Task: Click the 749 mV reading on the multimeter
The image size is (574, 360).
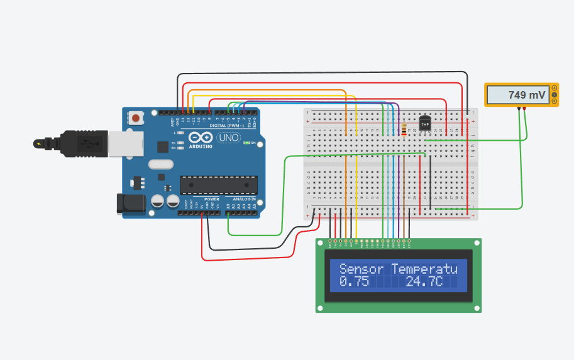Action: [x=527, y=95]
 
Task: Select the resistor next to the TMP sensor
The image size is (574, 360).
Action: [x=403, y=130]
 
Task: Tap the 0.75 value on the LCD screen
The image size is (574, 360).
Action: [x=354, y=282]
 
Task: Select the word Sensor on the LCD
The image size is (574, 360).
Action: [x=361, y=269]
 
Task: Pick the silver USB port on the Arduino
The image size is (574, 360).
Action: [x=124, y=143]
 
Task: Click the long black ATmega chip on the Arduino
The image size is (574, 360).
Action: [x=218, y=185]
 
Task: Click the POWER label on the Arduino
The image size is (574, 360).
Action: [x=211, y=199]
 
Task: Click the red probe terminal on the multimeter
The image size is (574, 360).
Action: [x=524, y=107]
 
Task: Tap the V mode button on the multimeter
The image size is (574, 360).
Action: [x=554, y=94]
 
